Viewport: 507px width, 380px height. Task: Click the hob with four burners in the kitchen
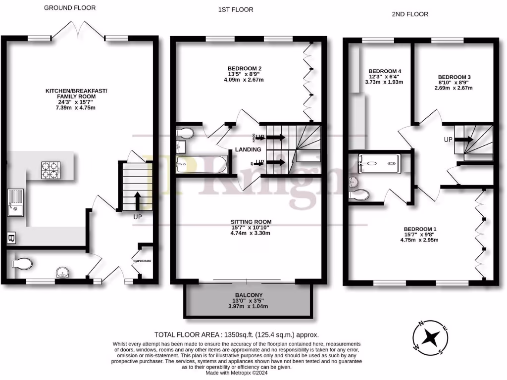(49, 170)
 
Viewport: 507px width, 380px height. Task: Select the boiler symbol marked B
(11, 238)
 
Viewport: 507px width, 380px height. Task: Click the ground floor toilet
(22, 263)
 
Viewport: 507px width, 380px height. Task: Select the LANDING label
(248, 149)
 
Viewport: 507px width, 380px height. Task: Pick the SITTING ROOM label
(251, 222)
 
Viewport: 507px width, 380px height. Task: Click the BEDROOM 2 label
(244, 68)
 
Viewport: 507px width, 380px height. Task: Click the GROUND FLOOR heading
(70, 8)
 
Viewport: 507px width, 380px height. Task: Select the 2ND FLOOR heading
(409, 14)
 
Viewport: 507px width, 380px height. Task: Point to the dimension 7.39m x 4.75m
(76, 108)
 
